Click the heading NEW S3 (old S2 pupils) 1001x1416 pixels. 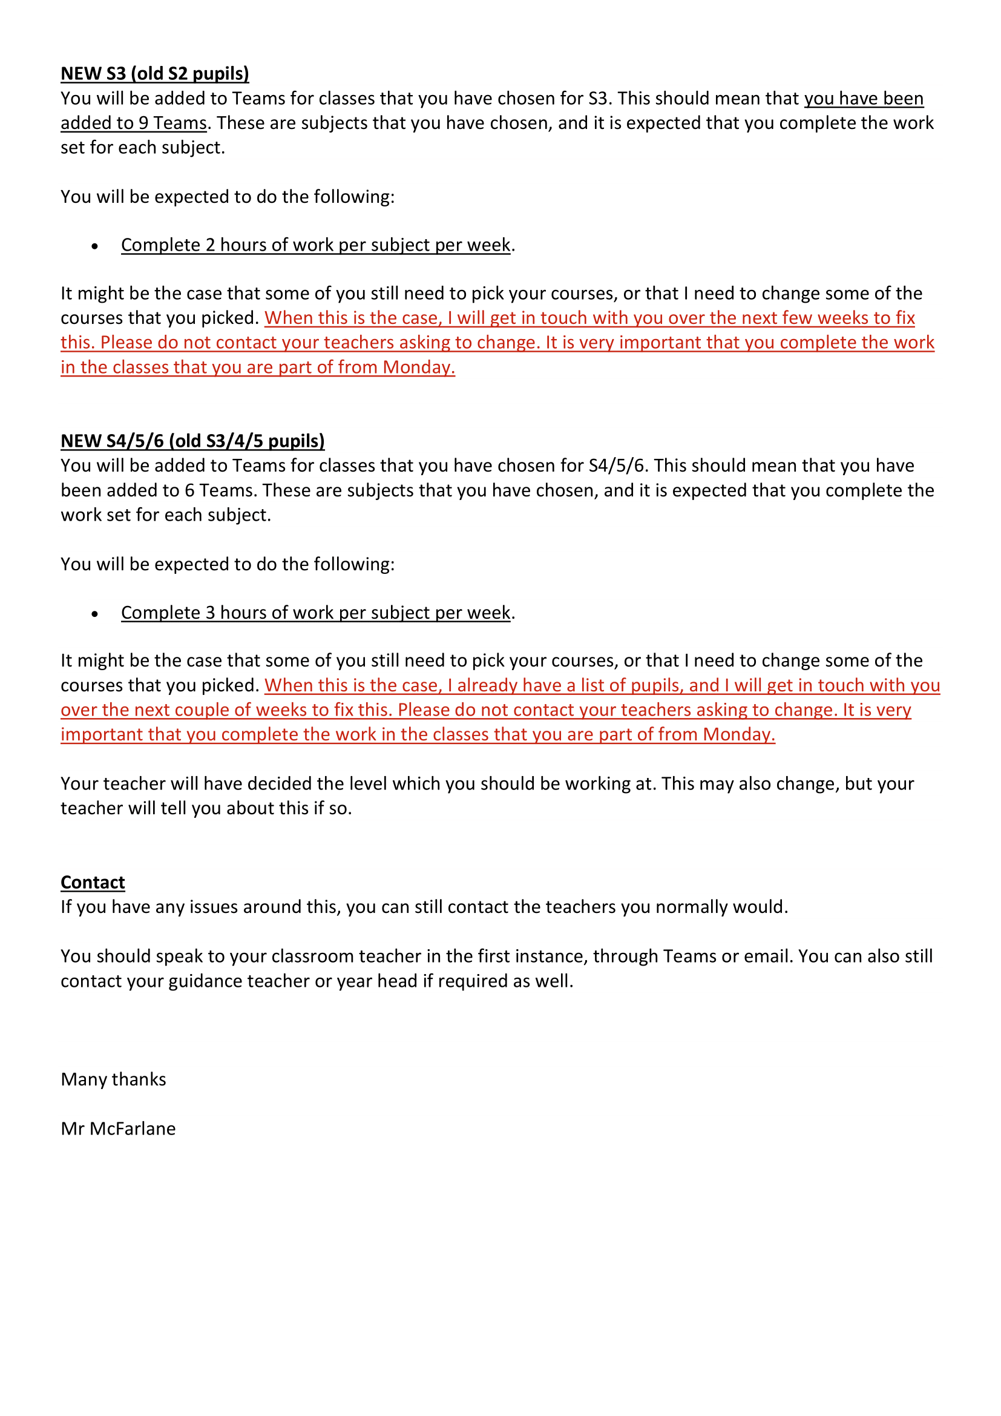(x=155, y=74)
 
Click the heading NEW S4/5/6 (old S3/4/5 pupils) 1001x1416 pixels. (x=192, y=441)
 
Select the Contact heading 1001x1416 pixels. (x=93, y=883)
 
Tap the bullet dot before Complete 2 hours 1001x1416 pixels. (x=94, y=246)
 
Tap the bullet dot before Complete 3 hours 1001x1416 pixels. (x=94, y=614)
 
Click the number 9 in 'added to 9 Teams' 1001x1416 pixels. (x=143, y=123)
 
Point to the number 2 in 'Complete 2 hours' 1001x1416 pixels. (x=210, y=245)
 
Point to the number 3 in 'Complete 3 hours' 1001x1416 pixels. (x=210, y=613)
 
